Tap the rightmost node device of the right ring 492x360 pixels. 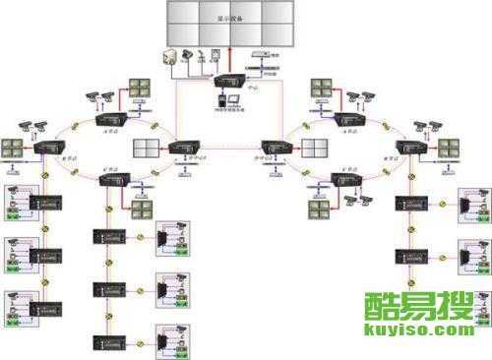pyautogui.click(x=411, y=148)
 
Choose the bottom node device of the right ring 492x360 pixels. pyautogui.click(x=349, y=181)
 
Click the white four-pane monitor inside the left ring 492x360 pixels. pyautogui.click(x=148, y=150)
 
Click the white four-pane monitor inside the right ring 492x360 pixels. pyautogui.click(x=314, y=150)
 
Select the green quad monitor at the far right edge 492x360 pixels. pyautogui.click(x=450, y=148)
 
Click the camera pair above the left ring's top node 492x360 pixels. pyautogui.click(x=97, y=95)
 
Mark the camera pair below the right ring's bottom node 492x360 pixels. pyautogui.click(x=355, y=204)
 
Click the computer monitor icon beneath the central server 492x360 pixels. pyautogui.click(x=222, y=98)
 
